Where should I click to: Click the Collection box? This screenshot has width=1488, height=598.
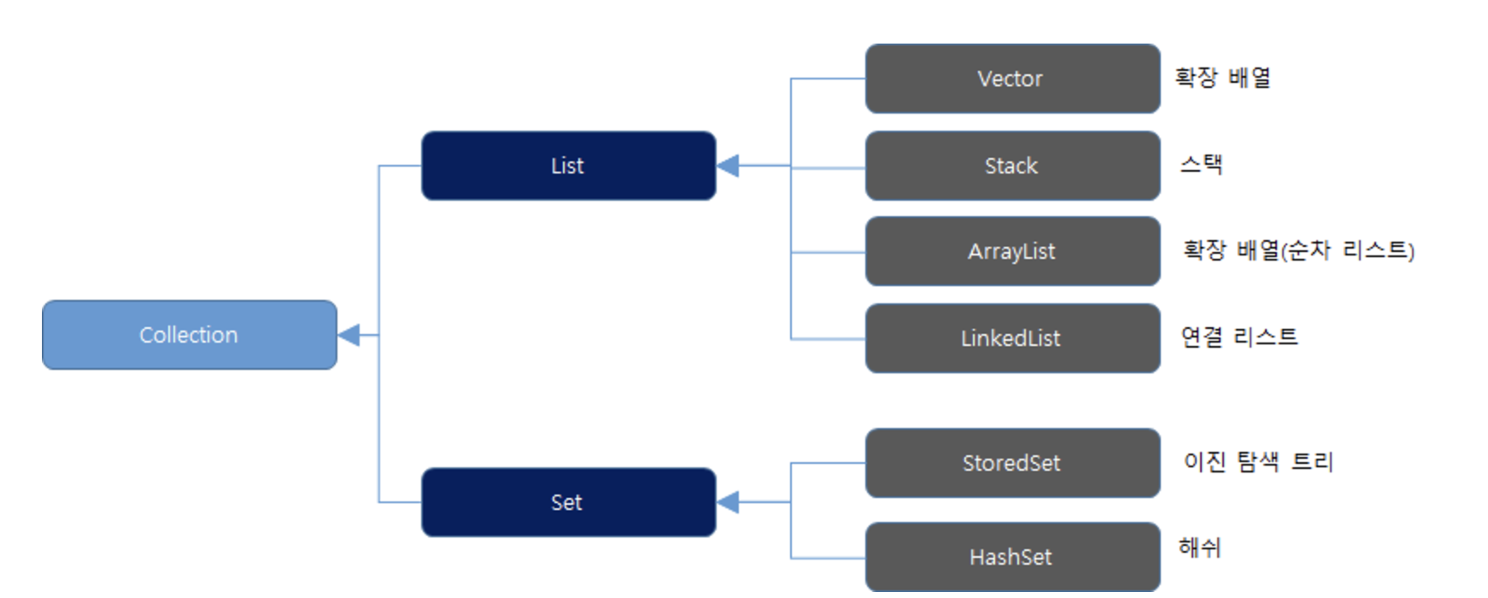[x=190, y=335]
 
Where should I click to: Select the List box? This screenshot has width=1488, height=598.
[x=569, y=166]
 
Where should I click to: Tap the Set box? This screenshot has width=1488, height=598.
[x=569, y=502]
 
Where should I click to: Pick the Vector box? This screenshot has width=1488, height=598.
[x=1013, y=79]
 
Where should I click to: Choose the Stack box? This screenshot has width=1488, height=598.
[x=1013, y=166]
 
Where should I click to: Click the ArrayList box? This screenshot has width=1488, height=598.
[x=1013, y=251]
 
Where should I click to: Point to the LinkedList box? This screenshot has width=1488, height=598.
[x=1013, y=338]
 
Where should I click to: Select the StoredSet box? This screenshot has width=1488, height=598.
[x=1013, y=463]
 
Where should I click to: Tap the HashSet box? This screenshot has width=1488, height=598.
[x=1013, y=557]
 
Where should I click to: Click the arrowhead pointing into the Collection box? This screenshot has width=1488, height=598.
[x=349, y=335]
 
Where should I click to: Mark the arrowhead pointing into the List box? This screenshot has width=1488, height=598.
[x=728, y=166]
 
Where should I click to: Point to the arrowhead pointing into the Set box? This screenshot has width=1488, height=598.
[x=728, y=502]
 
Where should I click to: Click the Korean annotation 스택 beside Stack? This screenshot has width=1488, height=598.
[x=1202, y=163]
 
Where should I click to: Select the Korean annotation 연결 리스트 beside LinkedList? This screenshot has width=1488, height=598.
[x=1239, y=337]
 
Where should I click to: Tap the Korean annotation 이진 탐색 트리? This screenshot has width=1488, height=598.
[x=1258, y=461]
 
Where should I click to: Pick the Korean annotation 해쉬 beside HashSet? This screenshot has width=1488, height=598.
[x=1200, y=547]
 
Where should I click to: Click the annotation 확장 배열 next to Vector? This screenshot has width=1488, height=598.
[x=1223, y=78]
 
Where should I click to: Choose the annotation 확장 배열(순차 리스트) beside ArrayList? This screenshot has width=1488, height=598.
[x=1298, y=250]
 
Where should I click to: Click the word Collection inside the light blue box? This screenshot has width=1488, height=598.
[x=189, y=335]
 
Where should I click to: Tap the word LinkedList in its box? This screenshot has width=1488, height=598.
[x=1011, y=338]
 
